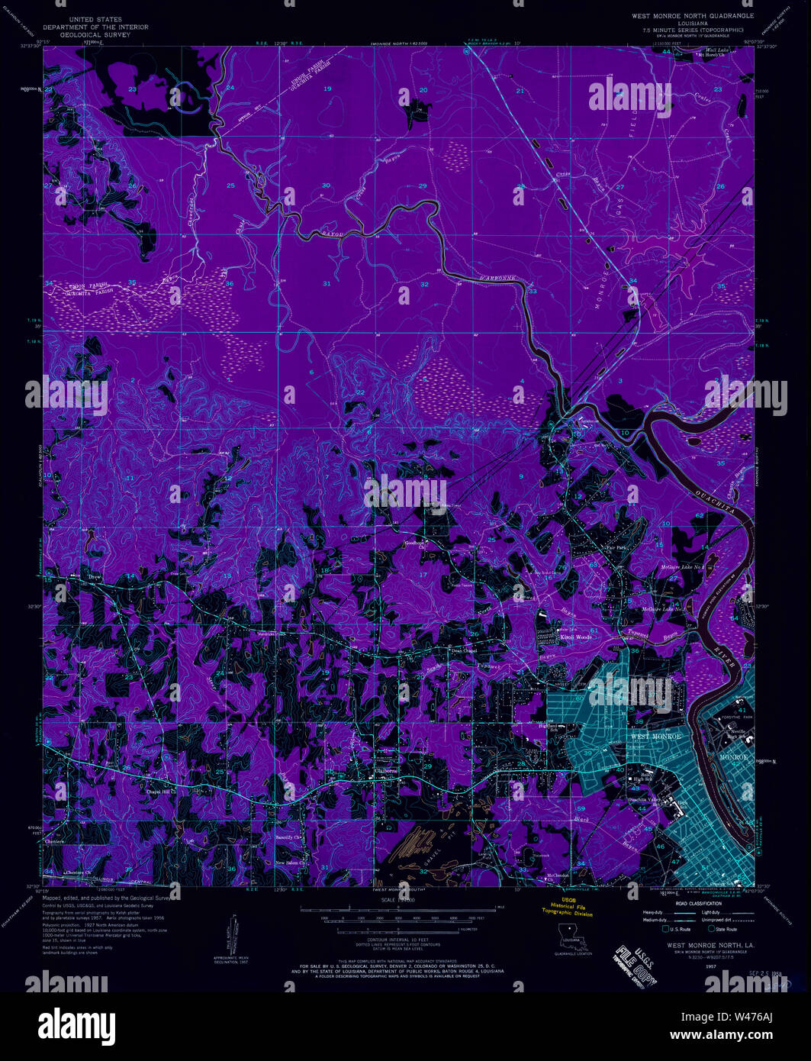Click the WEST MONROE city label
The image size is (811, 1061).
[x=648, y=736]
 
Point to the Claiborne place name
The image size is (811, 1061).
[x=388, y=770]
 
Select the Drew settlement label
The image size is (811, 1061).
[x=95, y=577]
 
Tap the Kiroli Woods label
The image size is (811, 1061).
[x=576, y=637]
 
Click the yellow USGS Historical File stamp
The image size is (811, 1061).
[x=566, y=907]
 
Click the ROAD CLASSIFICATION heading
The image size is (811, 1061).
[x=698, y=903]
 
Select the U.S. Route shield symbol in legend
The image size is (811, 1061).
[x=665, y=929]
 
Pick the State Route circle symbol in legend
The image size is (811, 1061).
[x=710, y=929]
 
